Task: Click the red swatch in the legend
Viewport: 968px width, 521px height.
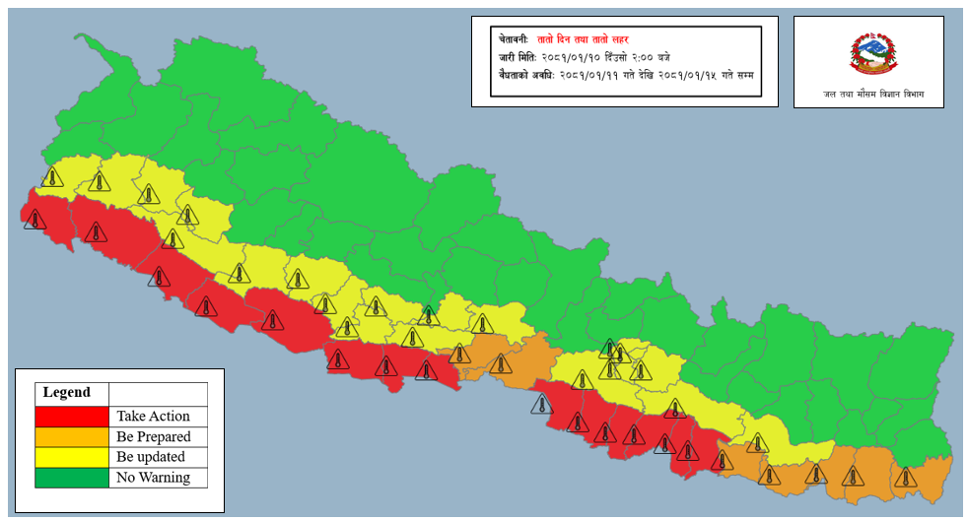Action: click(x=72, y=417)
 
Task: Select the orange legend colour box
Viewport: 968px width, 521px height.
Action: click(x=72, y=437)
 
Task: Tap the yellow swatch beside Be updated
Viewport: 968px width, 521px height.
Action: click(x=72, y=458)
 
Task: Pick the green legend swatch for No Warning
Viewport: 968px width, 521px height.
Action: click(x=72, y=479)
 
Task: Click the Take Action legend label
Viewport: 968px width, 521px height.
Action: click(x=153, y=417)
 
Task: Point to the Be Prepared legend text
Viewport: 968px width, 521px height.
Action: click(x=153, y=437)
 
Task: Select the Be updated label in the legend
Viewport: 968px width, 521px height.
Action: click(x=150, y=458)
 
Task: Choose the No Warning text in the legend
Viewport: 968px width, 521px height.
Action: click(x=152, y=479)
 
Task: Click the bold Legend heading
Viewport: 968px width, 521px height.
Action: click(x=66, y=393)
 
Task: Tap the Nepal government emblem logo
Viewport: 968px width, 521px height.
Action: click(x=868, y=54)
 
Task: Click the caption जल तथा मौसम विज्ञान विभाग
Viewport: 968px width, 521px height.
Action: click(x=868, y=95)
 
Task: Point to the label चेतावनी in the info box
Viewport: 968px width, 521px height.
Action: click(x=514, y=38)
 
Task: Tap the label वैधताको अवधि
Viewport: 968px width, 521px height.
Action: click(x=523, y=74)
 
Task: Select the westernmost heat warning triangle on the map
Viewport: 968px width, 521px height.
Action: click(x=35, y=219)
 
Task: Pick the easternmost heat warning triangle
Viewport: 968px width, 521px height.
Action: click(x=904, y=477)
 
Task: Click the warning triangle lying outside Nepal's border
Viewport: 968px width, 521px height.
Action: click(x=540, y=404)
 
